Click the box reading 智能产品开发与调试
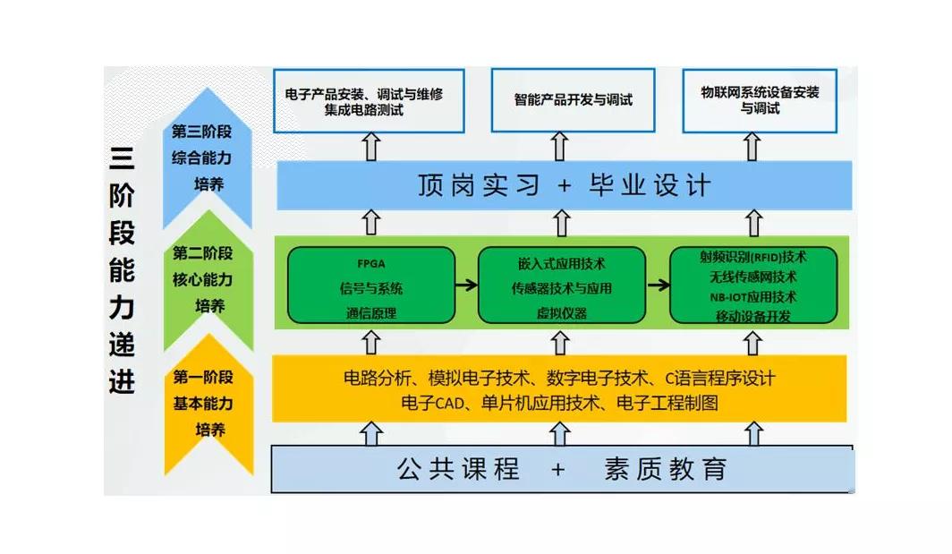[573, 100]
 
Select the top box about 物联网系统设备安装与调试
[760, 99]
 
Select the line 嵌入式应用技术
[561, 264]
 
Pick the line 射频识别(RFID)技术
[753, 257]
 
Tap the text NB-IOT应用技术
[753, 296]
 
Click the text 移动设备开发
[753, 315]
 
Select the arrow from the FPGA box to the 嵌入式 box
[466, 286]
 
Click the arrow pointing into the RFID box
[658, 286]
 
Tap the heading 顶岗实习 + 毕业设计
[564, 185]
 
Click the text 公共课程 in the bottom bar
[458, 468]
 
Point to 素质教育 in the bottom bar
[664, 468]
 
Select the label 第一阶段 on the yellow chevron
[203, 377]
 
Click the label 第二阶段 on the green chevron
[203, 253]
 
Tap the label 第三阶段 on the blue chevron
[202, 132]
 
